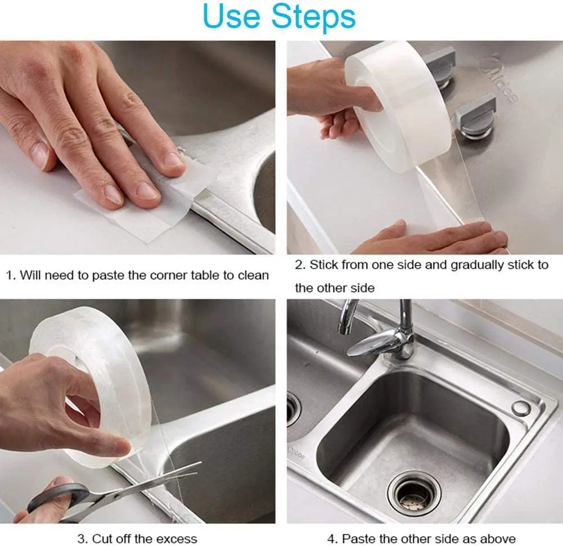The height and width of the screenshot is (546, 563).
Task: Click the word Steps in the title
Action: pos(313,16)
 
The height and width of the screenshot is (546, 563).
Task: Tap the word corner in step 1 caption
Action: pos(167,275)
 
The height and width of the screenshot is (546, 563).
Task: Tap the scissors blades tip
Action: pos(200,464)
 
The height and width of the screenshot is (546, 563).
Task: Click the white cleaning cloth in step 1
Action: pos(143,202)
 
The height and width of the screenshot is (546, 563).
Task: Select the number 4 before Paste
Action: pos(331,539)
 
